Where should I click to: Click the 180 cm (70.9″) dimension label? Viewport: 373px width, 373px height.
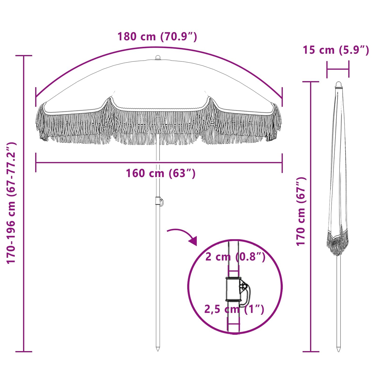[x=157, y=37]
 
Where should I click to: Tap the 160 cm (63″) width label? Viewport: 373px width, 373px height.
[x=161, y=173]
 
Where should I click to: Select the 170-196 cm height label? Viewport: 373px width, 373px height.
[x=12, y=203]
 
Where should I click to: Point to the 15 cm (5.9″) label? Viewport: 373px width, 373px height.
[x=336, y=50]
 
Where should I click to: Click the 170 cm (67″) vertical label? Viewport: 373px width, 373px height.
[x=301, y=211]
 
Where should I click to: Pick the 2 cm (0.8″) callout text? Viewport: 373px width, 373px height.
[x=235, y=257]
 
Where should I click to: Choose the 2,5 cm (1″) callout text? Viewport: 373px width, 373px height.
[x=234, y=309]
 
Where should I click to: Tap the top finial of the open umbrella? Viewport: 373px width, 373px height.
[x=158, y=57]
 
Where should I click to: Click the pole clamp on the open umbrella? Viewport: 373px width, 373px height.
[x=159, y=201]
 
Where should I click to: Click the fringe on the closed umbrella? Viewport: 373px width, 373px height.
[x=337, y=243]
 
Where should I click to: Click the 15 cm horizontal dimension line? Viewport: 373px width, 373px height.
[x=338, y=69]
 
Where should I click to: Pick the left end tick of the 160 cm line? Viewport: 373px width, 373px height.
[x=36, y=163]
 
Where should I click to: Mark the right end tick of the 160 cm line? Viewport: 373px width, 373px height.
[x=282, y=163]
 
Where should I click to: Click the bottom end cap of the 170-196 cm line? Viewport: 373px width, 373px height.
[x=24, y=351]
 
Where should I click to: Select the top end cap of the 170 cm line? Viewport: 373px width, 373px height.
[x=311, y=82]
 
